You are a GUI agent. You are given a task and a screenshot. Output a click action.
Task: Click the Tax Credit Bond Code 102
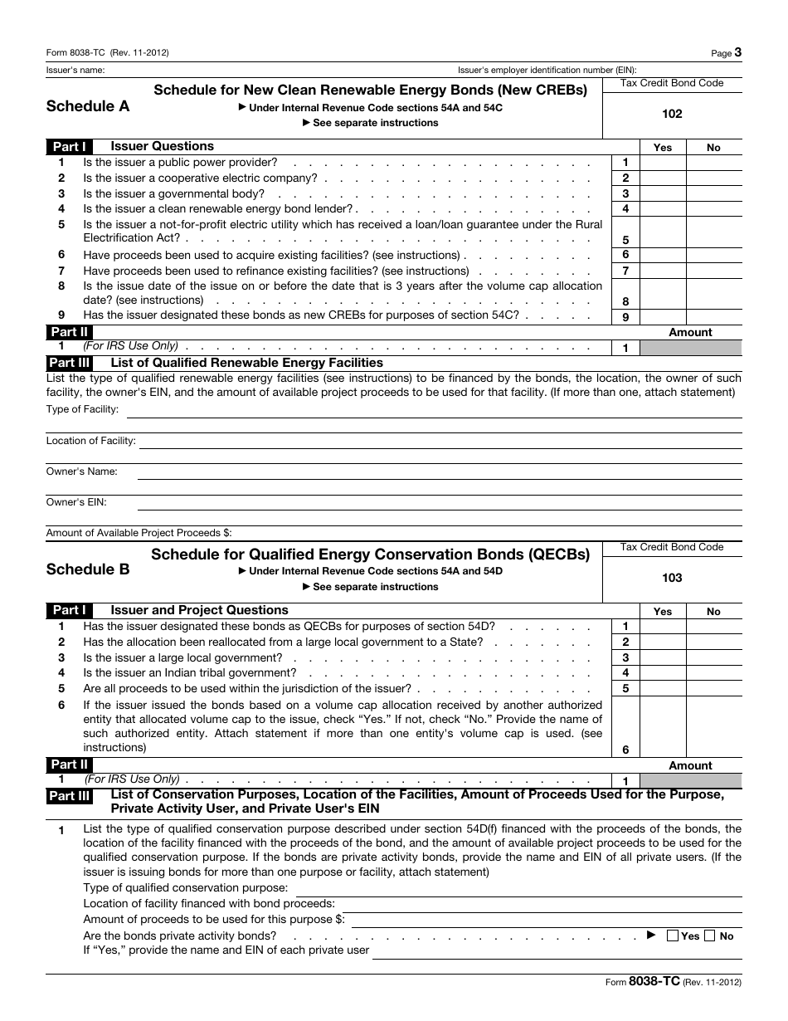tap(672, 114)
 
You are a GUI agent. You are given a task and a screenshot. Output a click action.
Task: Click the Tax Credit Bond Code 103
tap(672, 578)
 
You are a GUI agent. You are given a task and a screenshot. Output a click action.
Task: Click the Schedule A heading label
tap(88, 106)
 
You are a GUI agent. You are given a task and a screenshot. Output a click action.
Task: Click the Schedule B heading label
tap(88, 569)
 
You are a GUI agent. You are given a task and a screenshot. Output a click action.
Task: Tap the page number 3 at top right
tap(737, 52)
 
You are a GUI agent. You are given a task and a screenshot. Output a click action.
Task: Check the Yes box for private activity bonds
tap(673, 936)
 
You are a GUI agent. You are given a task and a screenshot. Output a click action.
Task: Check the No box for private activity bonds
tap(710, 936)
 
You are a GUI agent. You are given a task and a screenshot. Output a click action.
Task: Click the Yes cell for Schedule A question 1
tap(663, 163)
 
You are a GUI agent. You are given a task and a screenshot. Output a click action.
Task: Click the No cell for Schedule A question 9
tap(713, 316)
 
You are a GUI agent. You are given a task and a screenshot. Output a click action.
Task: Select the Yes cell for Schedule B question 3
tap(663, 657)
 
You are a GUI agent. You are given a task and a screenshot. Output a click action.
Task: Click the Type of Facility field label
tap(82, 409)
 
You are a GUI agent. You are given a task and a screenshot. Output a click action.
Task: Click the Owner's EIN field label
tap(76, 502)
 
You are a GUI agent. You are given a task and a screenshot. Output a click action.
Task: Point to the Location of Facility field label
tap(90, 441)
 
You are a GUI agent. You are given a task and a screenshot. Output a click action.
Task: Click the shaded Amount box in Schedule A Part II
tap(691, 348)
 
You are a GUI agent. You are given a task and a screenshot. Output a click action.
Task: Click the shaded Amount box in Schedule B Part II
tap(691, 780)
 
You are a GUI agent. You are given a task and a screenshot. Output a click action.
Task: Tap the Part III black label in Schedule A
tap(70, 363)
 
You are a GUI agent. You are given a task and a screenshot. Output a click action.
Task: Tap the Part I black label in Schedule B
tap(70, 610)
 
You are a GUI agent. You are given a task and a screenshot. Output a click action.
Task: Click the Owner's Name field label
tap(81, 471)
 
